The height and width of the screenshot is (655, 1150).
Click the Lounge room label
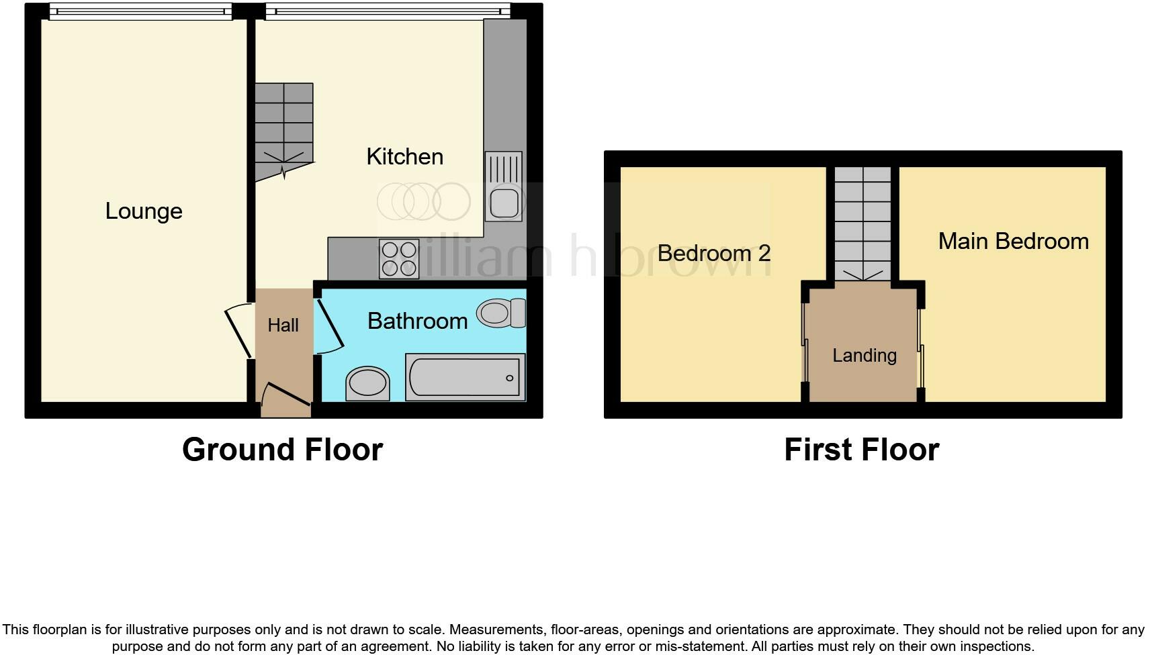(144, 211)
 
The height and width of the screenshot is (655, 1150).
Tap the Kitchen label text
(404, 157)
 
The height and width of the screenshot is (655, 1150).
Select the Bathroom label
(417, 321)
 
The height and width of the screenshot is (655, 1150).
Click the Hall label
(283, 325)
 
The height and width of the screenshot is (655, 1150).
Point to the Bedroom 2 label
(713, 254)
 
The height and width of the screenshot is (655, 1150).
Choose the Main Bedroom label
(1013, 242)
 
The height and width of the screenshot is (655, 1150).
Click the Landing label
(864, 356)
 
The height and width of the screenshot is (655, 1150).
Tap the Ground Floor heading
(282, 450)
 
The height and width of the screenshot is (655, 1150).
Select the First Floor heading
(861, 450)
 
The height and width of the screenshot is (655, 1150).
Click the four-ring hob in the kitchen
(399, 259)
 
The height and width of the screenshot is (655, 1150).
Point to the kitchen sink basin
(504, 203)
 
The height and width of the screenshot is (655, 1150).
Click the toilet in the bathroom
(501, 313)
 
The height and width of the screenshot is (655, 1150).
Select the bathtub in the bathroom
(465, 378)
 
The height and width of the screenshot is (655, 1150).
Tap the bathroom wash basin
(367, 384)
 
